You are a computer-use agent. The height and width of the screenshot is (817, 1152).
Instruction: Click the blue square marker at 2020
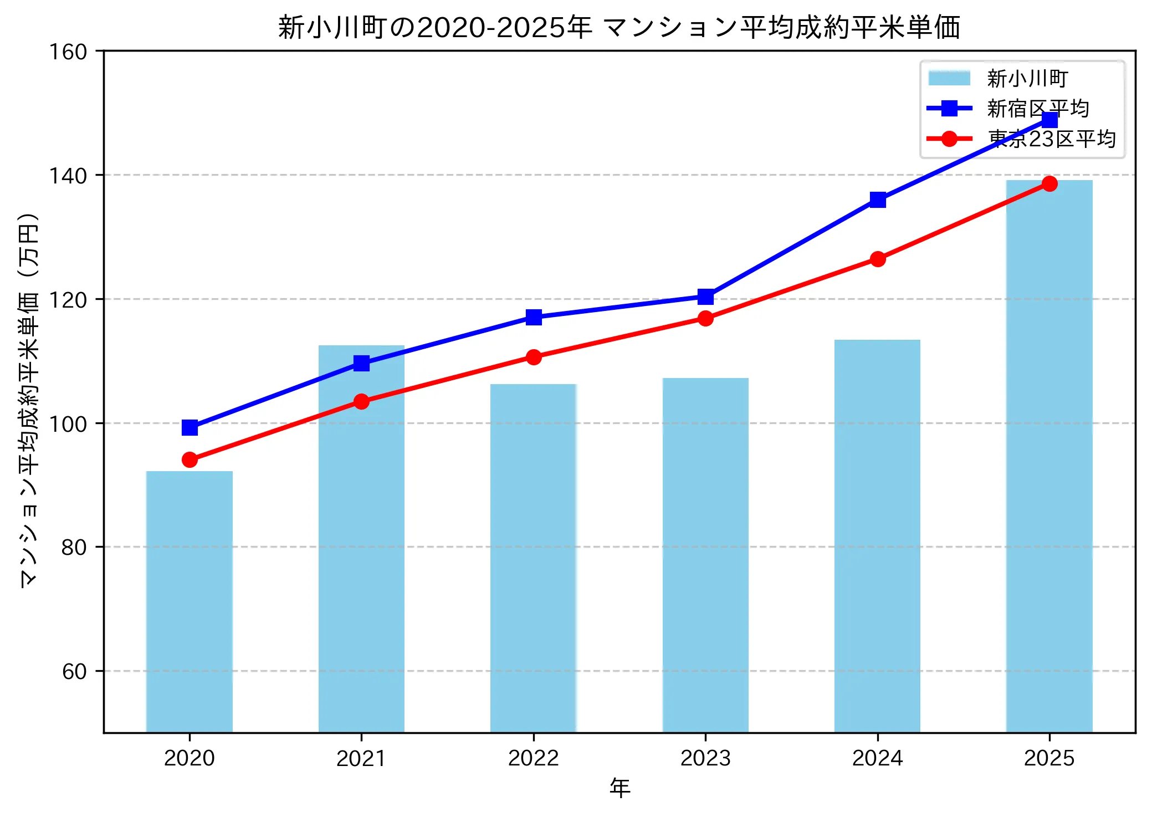(x=190, y=427)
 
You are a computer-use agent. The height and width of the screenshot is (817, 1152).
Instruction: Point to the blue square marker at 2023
(x=705, y=297)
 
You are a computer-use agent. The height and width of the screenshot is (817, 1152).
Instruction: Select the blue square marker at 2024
(x=878, y=200)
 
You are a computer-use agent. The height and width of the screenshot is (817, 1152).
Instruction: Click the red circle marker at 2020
(x=190, y=459)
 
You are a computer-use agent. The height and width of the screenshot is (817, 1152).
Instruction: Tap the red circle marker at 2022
(x=534, y=357)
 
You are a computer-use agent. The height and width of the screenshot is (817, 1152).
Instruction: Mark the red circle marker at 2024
(x=878, y=259)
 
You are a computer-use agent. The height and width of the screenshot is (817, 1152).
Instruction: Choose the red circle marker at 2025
(x=1049, y=183)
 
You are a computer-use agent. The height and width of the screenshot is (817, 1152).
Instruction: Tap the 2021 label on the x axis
(x=361, y=758)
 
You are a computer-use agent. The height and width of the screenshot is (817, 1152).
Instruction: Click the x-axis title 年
(x=619, y=788)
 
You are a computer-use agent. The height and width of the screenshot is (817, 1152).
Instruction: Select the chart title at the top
(x=619, y=28)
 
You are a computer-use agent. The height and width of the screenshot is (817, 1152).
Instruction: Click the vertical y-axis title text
(x=29, y=399)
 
